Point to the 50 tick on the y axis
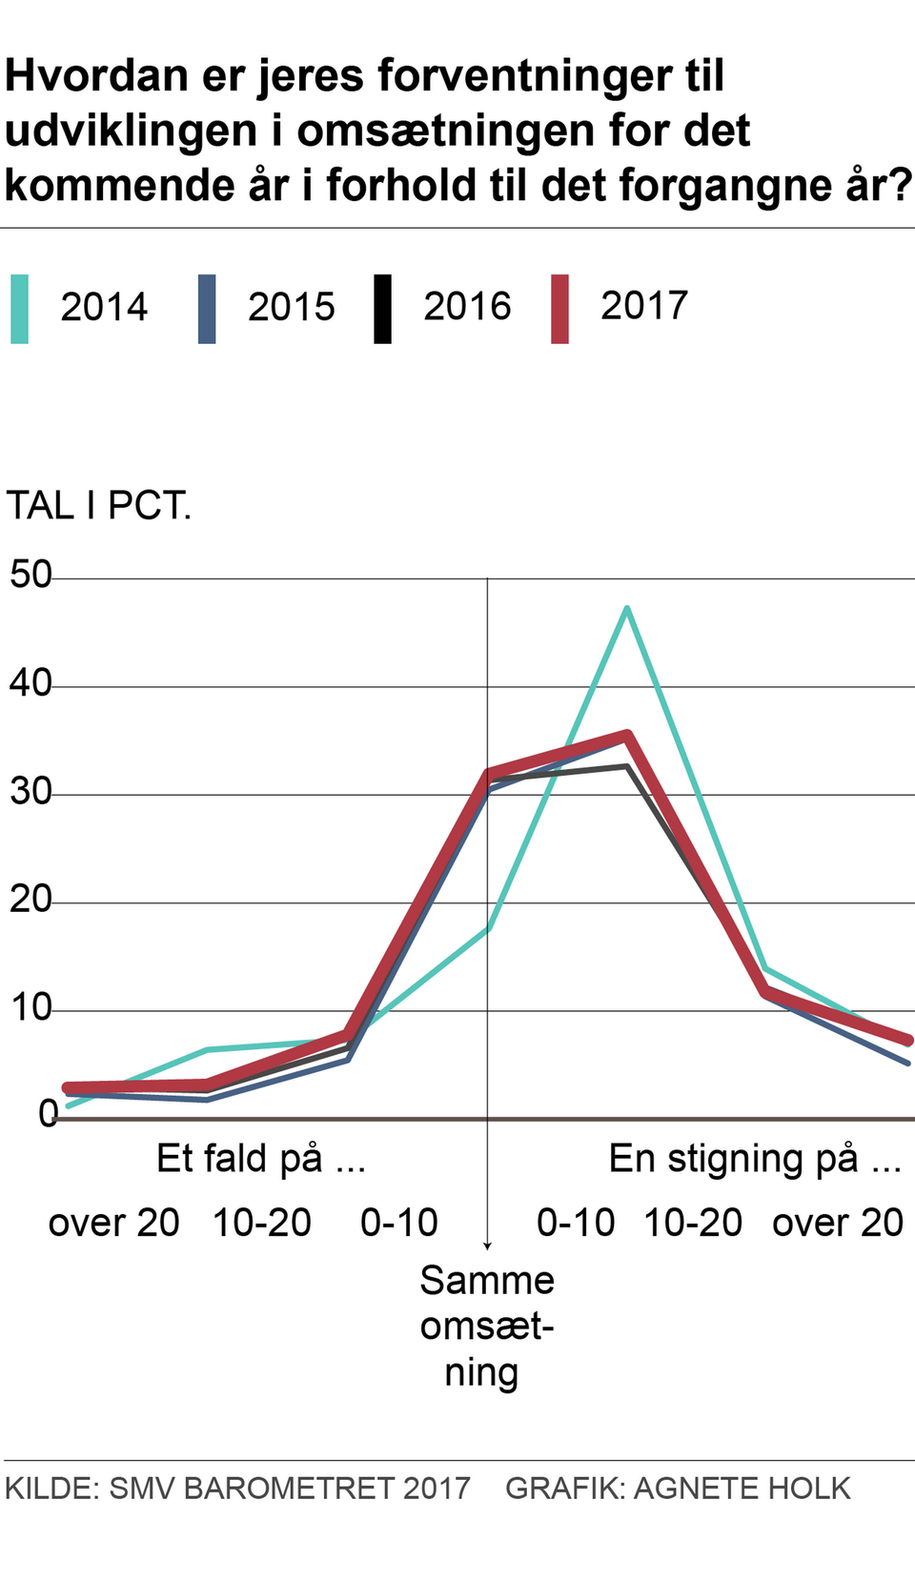tap(30, 575)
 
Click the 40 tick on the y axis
tap(30, 683)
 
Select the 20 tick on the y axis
tap(30, 900)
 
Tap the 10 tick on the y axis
tap(30, 1007)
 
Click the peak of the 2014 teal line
tap(626, 608)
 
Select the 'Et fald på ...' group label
tap(261, 1159)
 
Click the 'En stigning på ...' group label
tap(755, 1159)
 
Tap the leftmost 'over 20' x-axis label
tap(113, 1223)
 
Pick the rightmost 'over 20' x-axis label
tap(837, 1223)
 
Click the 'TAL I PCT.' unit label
tap(99, 506)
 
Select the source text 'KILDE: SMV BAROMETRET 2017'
tap(237, 1489)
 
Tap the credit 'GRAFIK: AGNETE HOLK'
tap(678, 1489)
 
